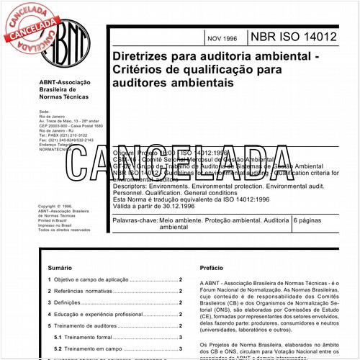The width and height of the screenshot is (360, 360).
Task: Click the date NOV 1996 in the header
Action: (x=222, y=37)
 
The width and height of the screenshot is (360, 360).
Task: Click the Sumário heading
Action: (x=58, y=265)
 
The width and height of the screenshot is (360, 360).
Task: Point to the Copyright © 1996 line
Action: (x=57, y=206)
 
